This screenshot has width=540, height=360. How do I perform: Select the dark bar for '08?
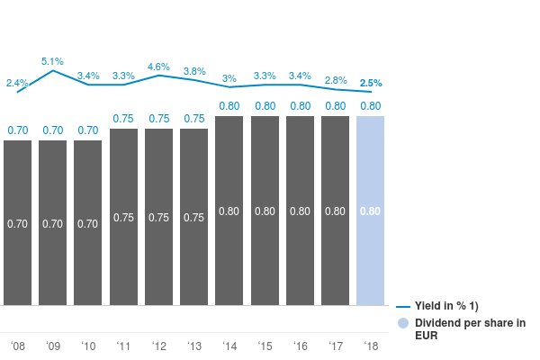(x=18, y=222)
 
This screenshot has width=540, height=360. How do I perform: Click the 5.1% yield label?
(x=52, y=61)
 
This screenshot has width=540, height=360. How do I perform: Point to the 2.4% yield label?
(x=17, y=84)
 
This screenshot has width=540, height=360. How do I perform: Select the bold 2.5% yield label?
(x=371, y=83)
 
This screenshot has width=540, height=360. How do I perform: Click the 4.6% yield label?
(x=158, y=67)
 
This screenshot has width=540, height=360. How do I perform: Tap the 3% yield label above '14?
(x=229, y=78)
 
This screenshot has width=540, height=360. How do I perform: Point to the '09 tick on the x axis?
(x=53, y=346)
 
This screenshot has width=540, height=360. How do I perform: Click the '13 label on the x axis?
(x=193, y=346)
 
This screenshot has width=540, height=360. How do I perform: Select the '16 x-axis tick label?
(x=300, y=346)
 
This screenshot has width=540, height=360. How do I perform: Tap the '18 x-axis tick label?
(x=371, y=346)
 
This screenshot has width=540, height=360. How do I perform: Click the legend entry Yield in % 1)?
(x=452, y=307)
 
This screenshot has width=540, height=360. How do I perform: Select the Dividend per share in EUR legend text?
(x=469, y=328)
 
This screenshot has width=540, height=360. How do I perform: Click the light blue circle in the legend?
(x=403, y=323)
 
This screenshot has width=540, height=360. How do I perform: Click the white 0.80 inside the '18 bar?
(x=371, y=211)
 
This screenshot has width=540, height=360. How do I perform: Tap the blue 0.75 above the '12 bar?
(x=158, y=118)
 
